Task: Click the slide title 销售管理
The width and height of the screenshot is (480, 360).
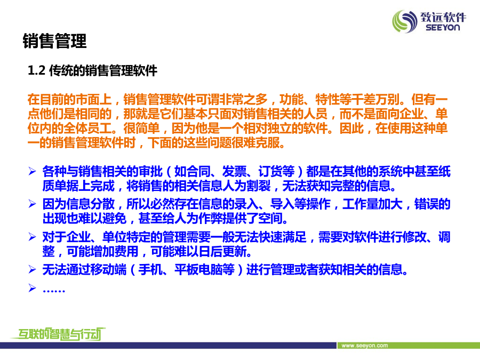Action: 54,41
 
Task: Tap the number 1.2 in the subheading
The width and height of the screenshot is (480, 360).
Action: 37,71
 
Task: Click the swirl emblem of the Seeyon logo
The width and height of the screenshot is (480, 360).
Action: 405,21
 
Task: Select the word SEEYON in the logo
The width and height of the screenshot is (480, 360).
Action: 443,28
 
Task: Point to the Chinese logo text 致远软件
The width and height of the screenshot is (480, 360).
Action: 443,17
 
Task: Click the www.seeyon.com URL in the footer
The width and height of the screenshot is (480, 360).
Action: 365,346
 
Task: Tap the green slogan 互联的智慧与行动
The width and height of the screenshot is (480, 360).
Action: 59,334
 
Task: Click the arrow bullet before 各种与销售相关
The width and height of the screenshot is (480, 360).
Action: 32,171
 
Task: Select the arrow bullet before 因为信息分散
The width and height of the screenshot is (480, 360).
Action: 32,204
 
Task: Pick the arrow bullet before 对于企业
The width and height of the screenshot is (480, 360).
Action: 32,237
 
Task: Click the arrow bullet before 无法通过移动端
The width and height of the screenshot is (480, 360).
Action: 32,269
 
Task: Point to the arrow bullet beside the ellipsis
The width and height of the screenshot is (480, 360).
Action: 32,288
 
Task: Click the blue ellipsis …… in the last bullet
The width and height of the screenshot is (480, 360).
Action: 54,291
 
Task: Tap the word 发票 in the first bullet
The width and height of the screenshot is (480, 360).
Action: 234,171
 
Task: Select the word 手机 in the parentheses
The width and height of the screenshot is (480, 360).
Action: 150,270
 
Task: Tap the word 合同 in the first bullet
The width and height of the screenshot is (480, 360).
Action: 198,171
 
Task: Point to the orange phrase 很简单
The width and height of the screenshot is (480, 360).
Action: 141,128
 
